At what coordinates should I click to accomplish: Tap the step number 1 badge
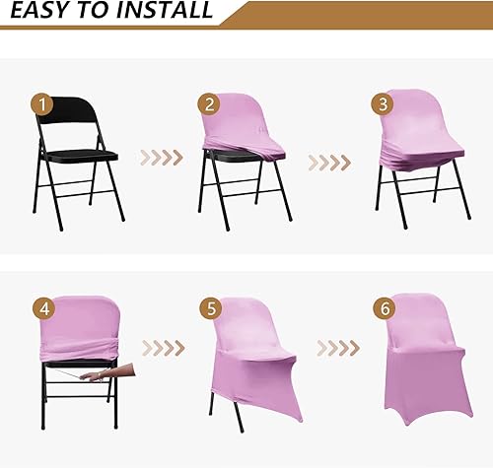tap(39, 102)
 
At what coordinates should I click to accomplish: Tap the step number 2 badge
tap(207, 103)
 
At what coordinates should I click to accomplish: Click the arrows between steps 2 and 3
tap(330, 156)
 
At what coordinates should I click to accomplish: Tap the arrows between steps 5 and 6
tap(334, 347)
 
